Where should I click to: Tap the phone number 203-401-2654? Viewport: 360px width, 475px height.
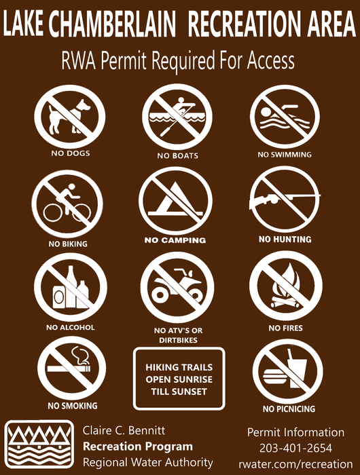[x=295, y=448]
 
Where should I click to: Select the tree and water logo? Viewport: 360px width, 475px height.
[x=39, y=446]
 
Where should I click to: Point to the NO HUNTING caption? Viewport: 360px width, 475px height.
[x=285, y=240]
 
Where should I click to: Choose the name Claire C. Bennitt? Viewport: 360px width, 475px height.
[x=124, y=431]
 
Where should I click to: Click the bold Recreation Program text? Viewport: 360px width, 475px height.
[x=138, y=446]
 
